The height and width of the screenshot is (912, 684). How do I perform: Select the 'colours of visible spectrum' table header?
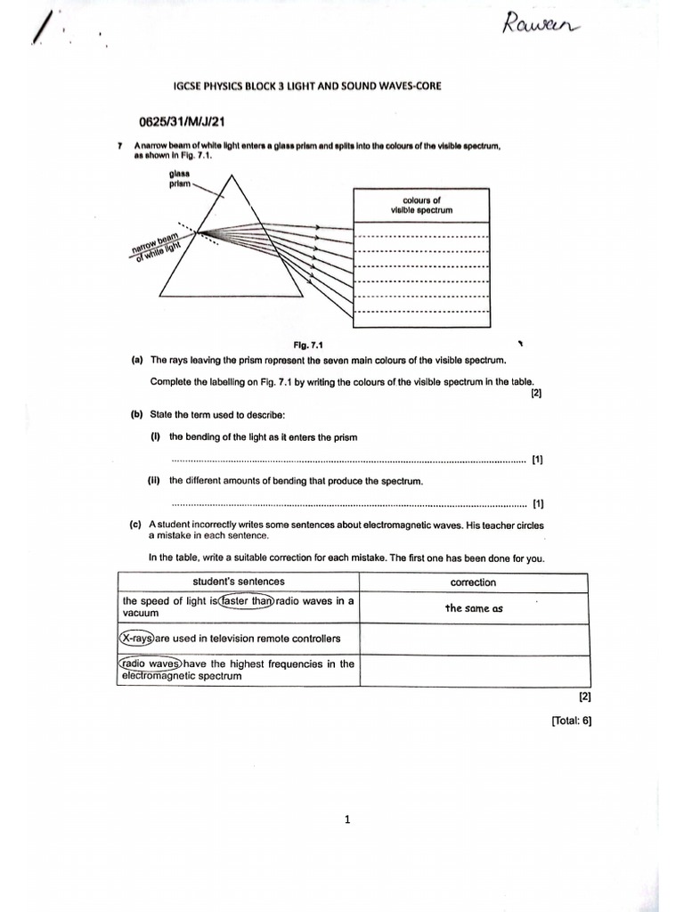[x=421, y=206]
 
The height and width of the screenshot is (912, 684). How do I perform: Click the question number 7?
[x=119, y=145]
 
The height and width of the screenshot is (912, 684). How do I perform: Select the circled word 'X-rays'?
[x=137, y=639]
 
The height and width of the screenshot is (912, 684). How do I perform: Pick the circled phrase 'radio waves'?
[x=151, y=664]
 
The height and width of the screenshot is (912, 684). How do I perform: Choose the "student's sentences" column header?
[x=238, y=582]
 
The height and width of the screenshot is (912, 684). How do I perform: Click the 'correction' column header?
[x=473, y=582]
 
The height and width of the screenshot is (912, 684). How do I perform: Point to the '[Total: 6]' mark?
[x=571, y=722]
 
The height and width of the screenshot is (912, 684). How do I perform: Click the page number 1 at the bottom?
[x=347, y=820]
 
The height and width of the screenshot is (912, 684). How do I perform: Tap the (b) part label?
[x=137, y=414]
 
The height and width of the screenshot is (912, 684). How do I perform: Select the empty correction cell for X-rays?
[x=473, y=639]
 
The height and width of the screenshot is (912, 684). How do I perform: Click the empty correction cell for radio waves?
[x=473, y=670]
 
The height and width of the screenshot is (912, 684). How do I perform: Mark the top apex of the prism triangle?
[x=233, y=173]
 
